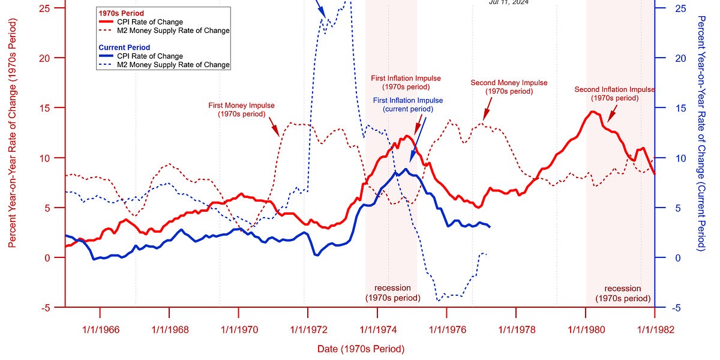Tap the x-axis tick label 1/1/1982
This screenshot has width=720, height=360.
(x=654, y=329)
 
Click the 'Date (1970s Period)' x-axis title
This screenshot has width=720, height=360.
(x=360, y=349)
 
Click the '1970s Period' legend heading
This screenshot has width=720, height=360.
(x=121, y=13)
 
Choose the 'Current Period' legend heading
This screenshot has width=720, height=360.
(x=124, y=47)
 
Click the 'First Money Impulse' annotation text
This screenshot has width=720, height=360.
(x=241, y=109)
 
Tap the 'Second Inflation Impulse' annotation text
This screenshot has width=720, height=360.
(x=614, y=94)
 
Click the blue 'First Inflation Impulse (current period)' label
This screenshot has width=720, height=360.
(x=408, y=104)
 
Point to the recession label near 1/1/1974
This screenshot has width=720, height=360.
(x=392, y=293)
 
